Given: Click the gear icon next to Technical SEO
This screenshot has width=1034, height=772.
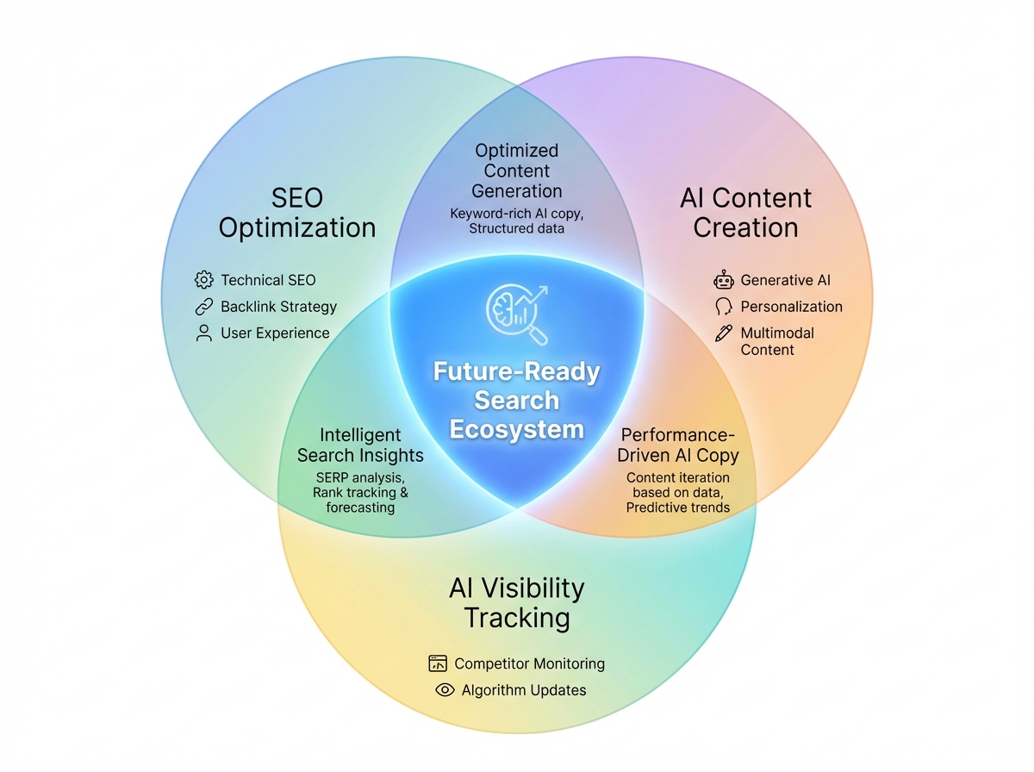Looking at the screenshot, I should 204,280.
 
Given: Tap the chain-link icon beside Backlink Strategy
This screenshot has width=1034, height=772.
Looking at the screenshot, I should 204,307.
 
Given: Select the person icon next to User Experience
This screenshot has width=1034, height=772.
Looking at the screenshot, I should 204,333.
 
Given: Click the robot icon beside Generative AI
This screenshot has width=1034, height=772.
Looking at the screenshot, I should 723,280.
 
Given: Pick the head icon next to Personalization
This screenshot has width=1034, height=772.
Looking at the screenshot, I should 723,307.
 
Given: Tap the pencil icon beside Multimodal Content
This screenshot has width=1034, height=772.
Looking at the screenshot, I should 723,333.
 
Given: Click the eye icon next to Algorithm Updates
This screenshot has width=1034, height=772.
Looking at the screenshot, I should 445,690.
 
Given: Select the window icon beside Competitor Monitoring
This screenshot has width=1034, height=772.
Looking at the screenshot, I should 438,663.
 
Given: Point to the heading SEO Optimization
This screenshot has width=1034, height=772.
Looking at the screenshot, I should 297,213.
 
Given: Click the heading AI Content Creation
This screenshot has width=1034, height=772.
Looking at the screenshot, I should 745,213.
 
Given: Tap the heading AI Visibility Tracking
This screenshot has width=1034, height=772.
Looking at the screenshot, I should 517,603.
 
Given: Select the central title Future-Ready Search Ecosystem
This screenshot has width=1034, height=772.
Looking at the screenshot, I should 516,401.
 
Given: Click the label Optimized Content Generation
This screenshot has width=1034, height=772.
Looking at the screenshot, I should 517,171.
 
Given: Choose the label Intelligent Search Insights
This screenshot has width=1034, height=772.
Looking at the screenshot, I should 360,445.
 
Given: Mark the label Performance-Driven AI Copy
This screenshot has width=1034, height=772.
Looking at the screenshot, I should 678,445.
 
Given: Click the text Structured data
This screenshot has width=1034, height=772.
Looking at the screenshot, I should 517,228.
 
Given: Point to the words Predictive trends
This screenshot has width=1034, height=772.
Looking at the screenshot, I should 678,507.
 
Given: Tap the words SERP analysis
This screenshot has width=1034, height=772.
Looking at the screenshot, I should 360,477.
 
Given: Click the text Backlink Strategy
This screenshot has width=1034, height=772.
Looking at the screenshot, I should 278,307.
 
